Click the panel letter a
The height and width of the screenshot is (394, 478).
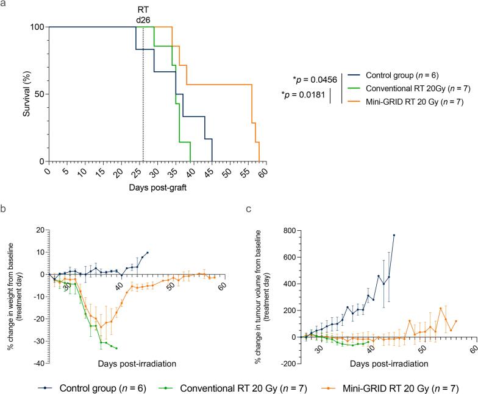(3, 4)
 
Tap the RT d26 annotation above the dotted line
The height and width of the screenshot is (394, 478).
(143, 15)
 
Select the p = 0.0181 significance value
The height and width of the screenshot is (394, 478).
(303, 95)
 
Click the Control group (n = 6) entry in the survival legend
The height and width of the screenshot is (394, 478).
(402, 76)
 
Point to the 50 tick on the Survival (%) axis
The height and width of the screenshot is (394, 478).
(39, 94)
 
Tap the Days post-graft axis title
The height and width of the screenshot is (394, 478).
(157, 188)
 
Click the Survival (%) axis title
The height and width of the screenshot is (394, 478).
(27, 94)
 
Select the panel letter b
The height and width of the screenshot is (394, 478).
(2, 209)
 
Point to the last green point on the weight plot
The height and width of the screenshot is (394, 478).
(116, 348)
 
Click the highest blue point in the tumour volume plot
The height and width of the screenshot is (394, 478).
(394, 235)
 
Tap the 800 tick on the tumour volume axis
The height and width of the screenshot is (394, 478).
(290, 230)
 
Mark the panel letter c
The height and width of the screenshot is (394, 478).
(249, 209)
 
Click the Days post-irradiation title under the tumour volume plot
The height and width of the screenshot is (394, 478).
(389, 364)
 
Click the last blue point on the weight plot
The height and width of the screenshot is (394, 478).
(148, 252)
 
